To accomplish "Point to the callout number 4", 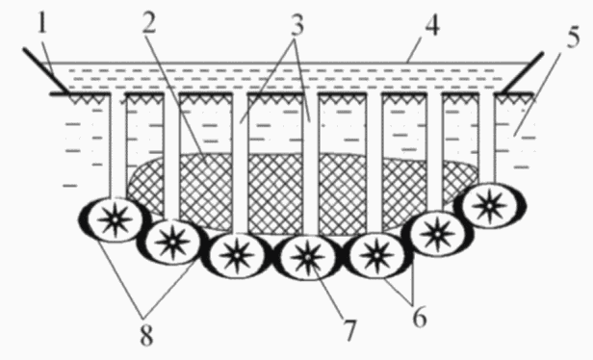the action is coord(432,26).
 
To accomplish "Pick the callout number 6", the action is coord(420,318).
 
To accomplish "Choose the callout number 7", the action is coord(349,330).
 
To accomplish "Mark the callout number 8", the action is coord(146,335).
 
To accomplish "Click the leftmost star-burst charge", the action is coord(115,219).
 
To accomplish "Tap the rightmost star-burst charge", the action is coord(489,206).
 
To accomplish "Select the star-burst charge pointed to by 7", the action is coord(308,258).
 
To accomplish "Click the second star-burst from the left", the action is coord(172,242).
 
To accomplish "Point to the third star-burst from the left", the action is coord(237,256).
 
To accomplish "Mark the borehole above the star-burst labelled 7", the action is coord(310,164).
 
